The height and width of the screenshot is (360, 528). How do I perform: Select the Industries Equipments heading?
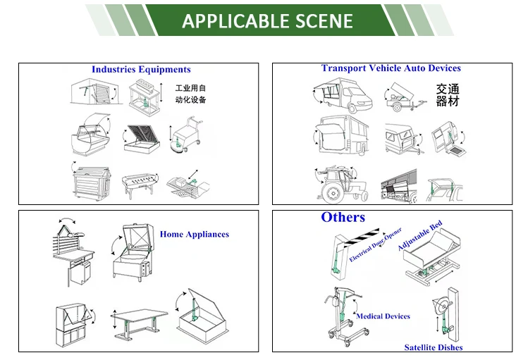click(x=141, y=70)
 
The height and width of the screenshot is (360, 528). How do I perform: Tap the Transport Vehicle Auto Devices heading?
click(x=391, y=68)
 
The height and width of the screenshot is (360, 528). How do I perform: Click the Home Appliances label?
click(x=194, y=235)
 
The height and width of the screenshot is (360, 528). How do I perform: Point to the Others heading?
click(x=343, y=217)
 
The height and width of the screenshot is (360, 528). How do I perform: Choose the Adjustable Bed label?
click(x=419, y=235)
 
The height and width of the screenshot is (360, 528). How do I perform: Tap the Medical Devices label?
click(x=383, y=316)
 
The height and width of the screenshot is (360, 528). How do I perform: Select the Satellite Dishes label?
click(x=434, y=347)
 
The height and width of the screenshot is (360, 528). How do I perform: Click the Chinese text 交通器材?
click(x=447, y=95)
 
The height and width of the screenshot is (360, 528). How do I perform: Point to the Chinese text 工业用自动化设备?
click(x=190, y=94)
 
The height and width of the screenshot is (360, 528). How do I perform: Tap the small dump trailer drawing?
click(x=405, y=99)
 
